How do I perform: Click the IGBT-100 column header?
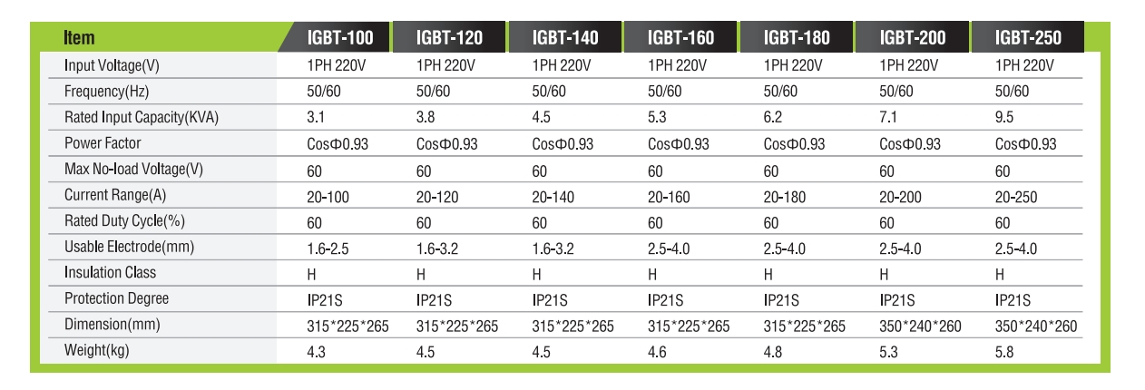point(339,38)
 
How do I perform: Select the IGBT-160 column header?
point(680,38)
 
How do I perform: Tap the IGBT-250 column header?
point(1027,38)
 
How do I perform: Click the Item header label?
point(80,38)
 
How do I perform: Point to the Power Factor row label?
point(103,143)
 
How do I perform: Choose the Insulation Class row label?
point(110,273)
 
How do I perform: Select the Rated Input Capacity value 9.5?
point(1004,118)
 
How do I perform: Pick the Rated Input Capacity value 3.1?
point(316,118)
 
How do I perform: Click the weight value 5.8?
point(1004,351)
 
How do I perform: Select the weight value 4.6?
point(657,351)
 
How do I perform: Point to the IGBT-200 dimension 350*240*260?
point(921,326)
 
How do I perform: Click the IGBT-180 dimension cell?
point(805,326)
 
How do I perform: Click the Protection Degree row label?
point(116,299)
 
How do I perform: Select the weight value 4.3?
point(316,351)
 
